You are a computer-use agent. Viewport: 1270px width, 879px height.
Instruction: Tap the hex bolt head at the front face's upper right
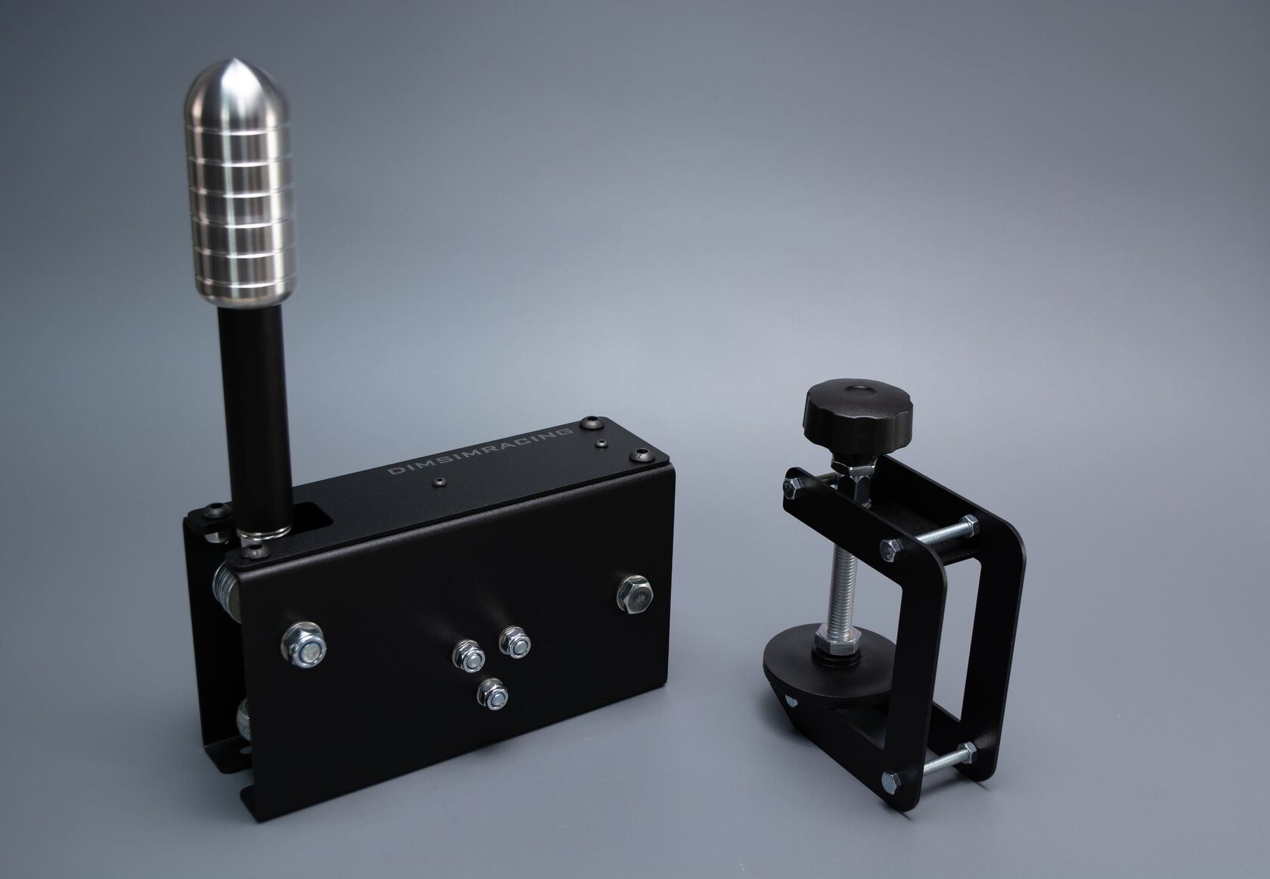tap(635, 594)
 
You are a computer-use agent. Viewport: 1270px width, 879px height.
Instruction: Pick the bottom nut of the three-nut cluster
tap(492, 694)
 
